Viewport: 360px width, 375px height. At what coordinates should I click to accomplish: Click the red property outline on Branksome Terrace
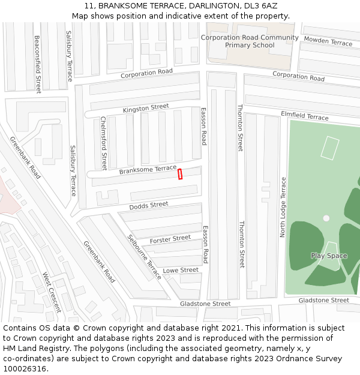179,174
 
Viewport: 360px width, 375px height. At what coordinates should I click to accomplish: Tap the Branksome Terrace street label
148,170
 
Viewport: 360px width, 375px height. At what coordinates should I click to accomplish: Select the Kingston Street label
146,108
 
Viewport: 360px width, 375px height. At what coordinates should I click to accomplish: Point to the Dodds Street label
149,206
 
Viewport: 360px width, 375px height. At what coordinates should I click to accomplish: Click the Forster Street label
170,239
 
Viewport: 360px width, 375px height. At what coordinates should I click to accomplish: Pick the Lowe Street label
181,271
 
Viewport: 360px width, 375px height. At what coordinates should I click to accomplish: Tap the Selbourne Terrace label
144,256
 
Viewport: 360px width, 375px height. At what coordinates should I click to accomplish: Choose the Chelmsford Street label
103,143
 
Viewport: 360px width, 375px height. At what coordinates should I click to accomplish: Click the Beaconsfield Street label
38,64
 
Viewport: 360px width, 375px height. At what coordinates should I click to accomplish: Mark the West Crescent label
52,292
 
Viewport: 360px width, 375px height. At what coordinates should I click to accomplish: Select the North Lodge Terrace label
283,207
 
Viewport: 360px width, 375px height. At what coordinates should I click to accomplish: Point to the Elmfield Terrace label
305,116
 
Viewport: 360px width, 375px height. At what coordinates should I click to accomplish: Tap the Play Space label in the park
329,256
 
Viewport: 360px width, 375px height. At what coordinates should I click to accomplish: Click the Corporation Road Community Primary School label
250,41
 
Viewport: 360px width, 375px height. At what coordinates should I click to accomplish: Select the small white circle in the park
326,218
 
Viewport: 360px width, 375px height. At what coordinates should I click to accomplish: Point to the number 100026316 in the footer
25,369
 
